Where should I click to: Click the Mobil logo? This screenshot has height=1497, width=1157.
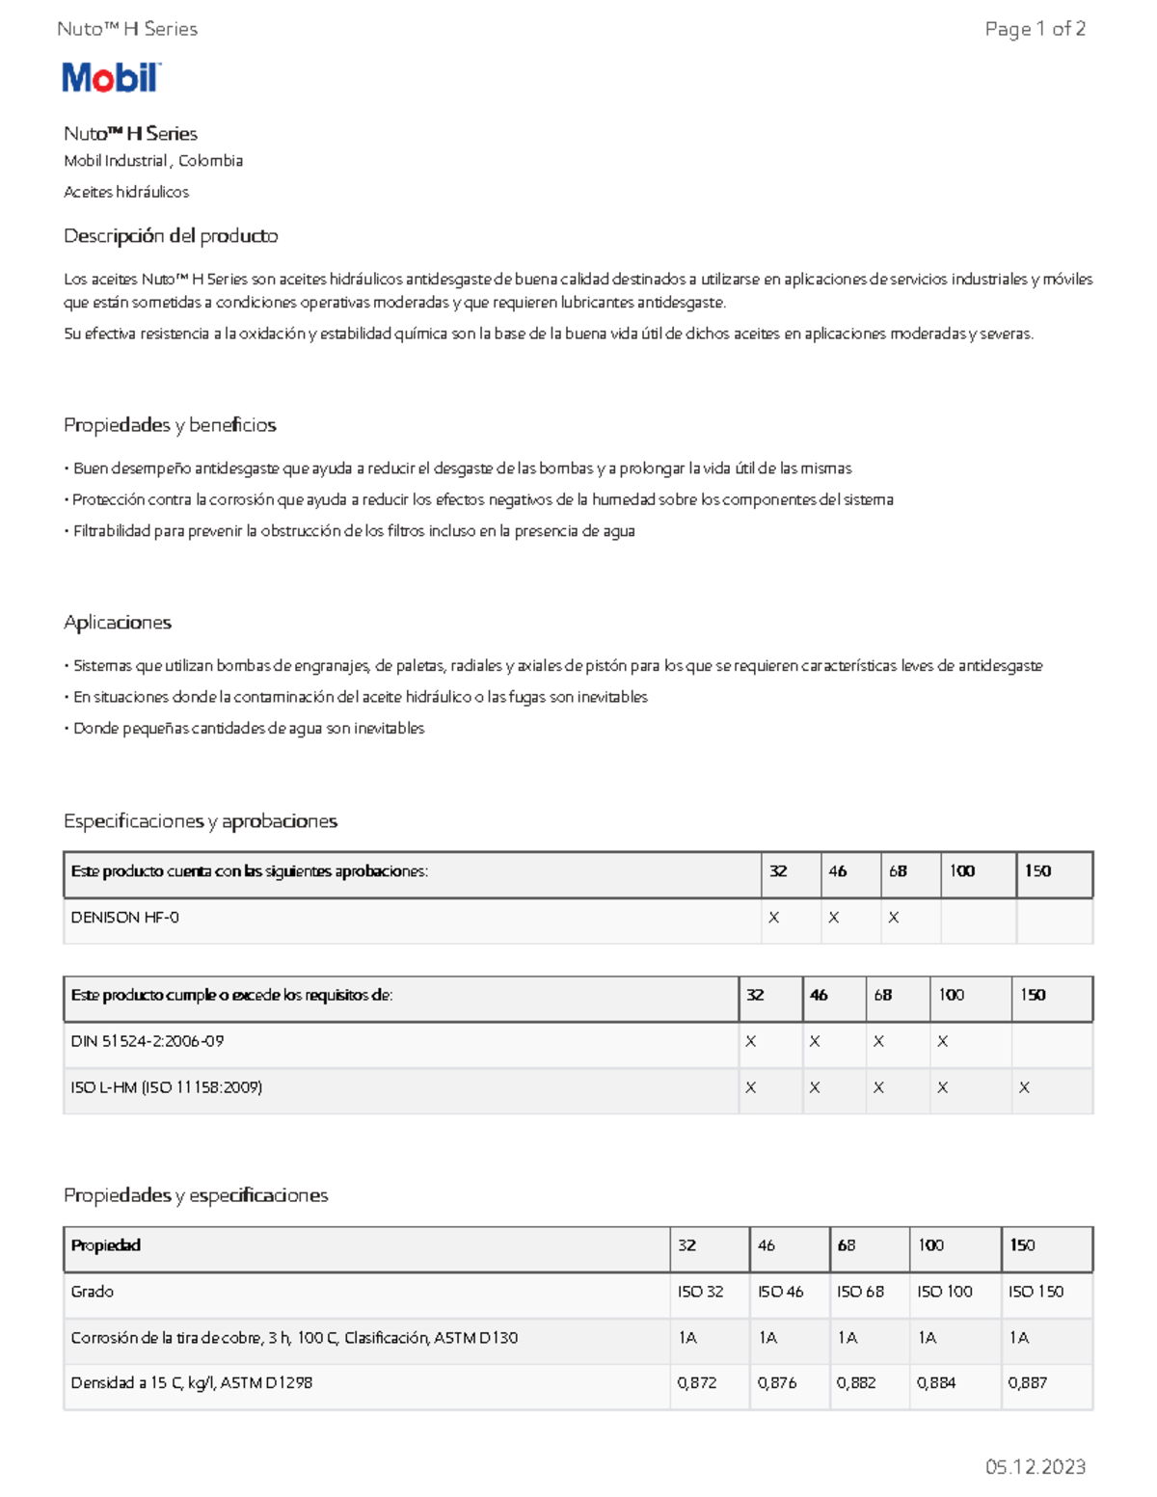pos(111,78)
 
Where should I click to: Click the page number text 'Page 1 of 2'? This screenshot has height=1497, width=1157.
pos(1035,29)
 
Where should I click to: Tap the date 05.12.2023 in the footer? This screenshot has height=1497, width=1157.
pos(1035,1466)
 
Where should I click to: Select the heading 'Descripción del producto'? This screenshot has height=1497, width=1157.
pos(171,236)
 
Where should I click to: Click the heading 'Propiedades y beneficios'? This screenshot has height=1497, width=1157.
pos(170,425)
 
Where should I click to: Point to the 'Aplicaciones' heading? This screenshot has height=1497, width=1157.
pos(118,623)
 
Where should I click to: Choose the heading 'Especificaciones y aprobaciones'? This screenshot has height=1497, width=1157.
pos(201,821)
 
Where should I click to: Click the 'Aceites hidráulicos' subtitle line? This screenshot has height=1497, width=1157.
pos(126,192)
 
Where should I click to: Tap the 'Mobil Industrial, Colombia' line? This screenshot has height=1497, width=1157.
pos(153,161)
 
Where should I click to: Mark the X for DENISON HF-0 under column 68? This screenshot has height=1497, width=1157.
pos(894,919)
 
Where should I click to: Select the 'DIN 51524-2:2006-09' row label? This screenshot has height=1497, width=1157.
pos(148,1041)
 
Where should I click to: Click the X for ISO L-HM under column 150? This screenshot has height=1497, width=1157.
pos(1024,1088)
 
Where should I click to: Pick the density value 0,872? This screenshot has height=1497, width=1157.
pos(697,1383)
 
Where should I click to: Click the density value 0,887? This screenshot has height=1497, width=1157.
pos(1028,1383)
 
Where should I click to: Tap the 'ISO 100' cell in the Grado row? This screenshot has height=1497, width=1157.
pos(944,1292)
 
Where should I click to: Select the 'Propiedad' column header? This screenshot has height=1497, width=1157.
pos(106,1245)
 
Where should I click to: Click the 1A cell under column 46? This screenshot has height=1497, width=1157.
pos(767,1338)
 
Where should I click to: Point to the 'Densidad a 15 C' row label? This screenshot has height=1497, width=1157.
pos(192,1383)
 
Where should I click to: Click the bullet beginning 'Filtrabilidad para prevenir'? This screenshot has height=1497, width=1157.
pos(354,531)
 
